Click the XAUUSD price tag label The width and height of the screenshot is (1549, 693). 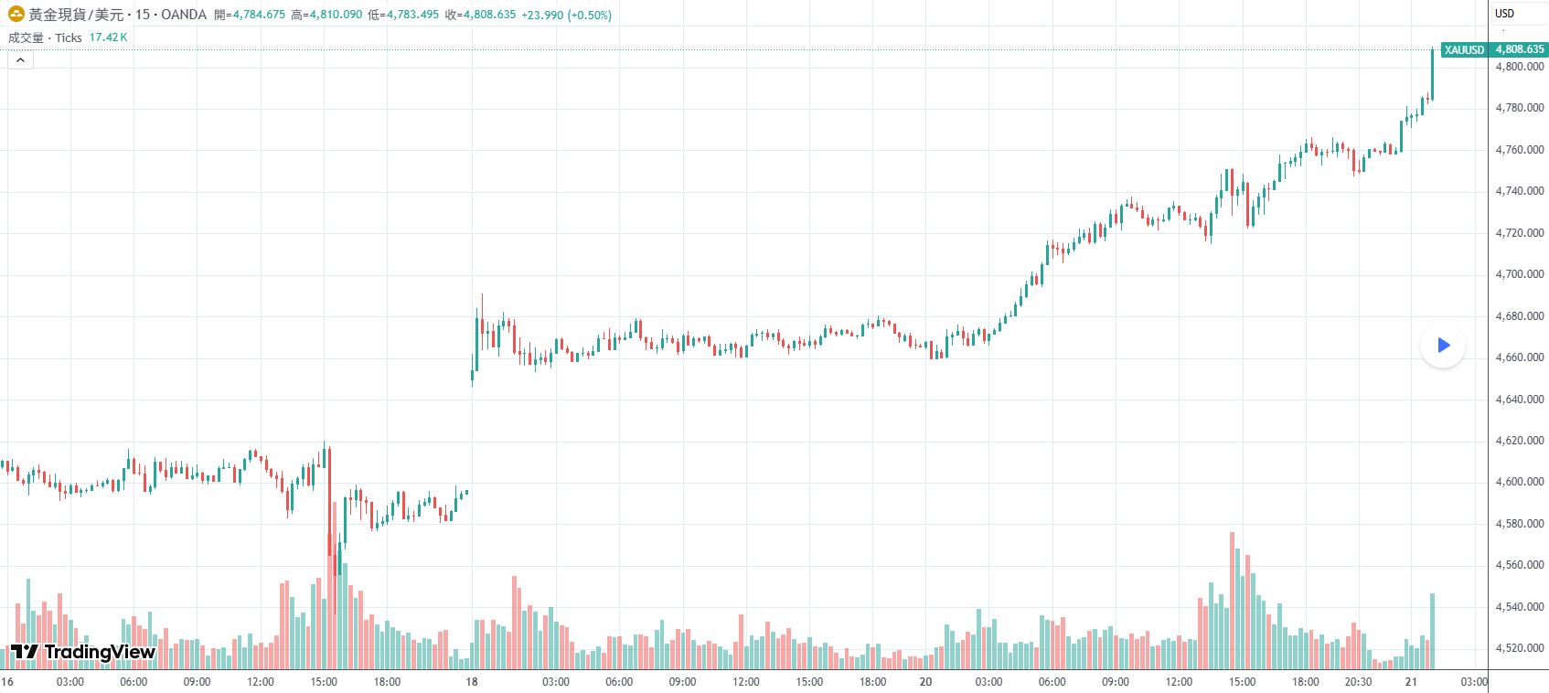(x=1464, y=49)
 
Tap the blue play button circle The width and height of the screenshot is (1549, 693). (x=1443, y=346)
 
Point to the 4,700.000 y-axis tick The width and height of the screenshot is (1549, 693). (x=1520, y=274)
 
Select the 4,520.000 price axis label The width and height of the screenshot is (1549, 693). (x=1520, y=648)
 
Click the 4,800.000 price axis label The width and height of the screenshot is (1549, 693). (x=1520, y=67)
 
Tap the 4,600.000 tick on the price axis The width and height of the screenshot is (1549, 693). (x=1520, y=482)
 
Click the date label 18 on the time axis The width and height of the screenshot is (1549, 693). (x=472, y=682)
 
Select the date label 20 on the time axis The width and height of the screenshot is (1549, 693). (x=925, y=682)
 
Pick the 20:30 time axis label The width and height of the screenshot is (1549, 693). (x=1358, y=682)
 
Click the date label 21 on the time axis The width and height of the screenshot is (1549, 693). (x=1411, y=682)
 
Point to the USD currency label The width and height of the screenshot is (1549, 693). (x=1504, y=14)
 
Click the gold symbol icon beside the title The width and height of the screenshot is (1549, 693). (x=16, y=15)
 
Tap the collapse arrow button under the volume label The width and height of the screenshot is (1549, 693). (x=20, y=60)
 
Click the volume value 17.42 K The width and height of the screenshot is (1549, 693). (x=108, y=37)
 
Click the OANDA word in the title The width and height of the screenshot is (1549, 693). (x=183, y=16)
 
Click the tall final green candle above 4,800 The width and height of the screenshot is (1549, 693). (x=1432, y=73)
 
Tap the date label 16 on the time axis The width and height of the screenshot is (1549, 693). (x=7, y=682)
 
